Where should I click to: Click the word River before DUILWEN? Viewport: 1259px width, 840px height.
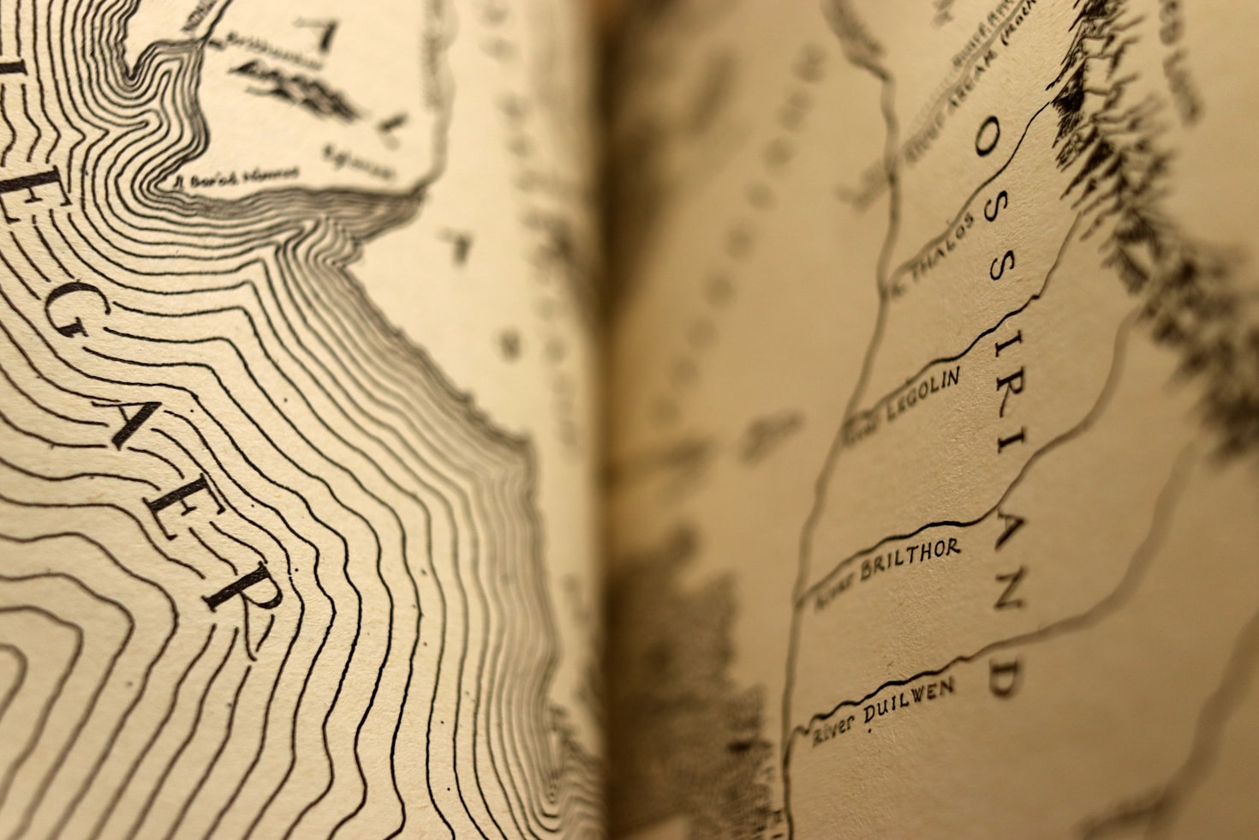point(833,729)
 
